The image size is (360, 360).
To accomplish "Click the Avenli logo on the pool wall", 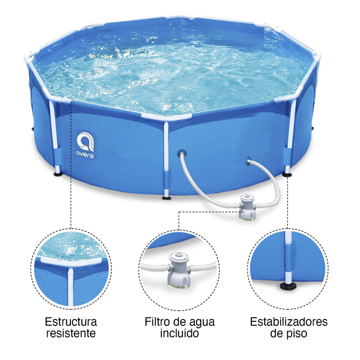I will (x=85, y=145).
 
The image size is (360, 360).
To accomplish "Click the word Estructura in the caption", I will (x=71, y=321).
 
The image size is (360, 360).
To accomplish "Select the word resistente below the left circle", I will (x=71, y=333).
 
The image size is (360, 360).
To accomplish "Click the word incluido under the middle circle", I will (x=180, y=333).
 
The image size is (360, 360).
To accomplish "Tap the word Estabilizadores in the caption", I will (x=289, y=321).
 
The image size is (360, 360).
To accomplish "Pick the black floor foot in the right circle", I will (x=288, y=286).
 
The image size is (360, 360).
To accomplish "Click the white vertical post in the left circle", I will (x=70, y=286).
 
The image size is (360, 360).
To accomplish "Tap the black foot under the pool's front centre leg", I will (x=166, y=197).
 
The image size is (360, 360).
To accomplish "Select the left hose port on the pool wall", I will (x=182, y=153).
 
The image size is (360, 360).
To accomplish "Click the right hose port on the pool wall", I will (x=248, y=159).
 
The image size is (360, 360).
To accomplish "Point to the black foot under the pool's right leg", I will (x=287, y=175).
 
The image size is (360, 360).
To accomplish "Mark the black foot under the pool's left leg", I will (x=58, y=174).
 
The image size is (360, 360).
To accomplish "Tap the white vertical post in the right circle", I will (x=288, y=257).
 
